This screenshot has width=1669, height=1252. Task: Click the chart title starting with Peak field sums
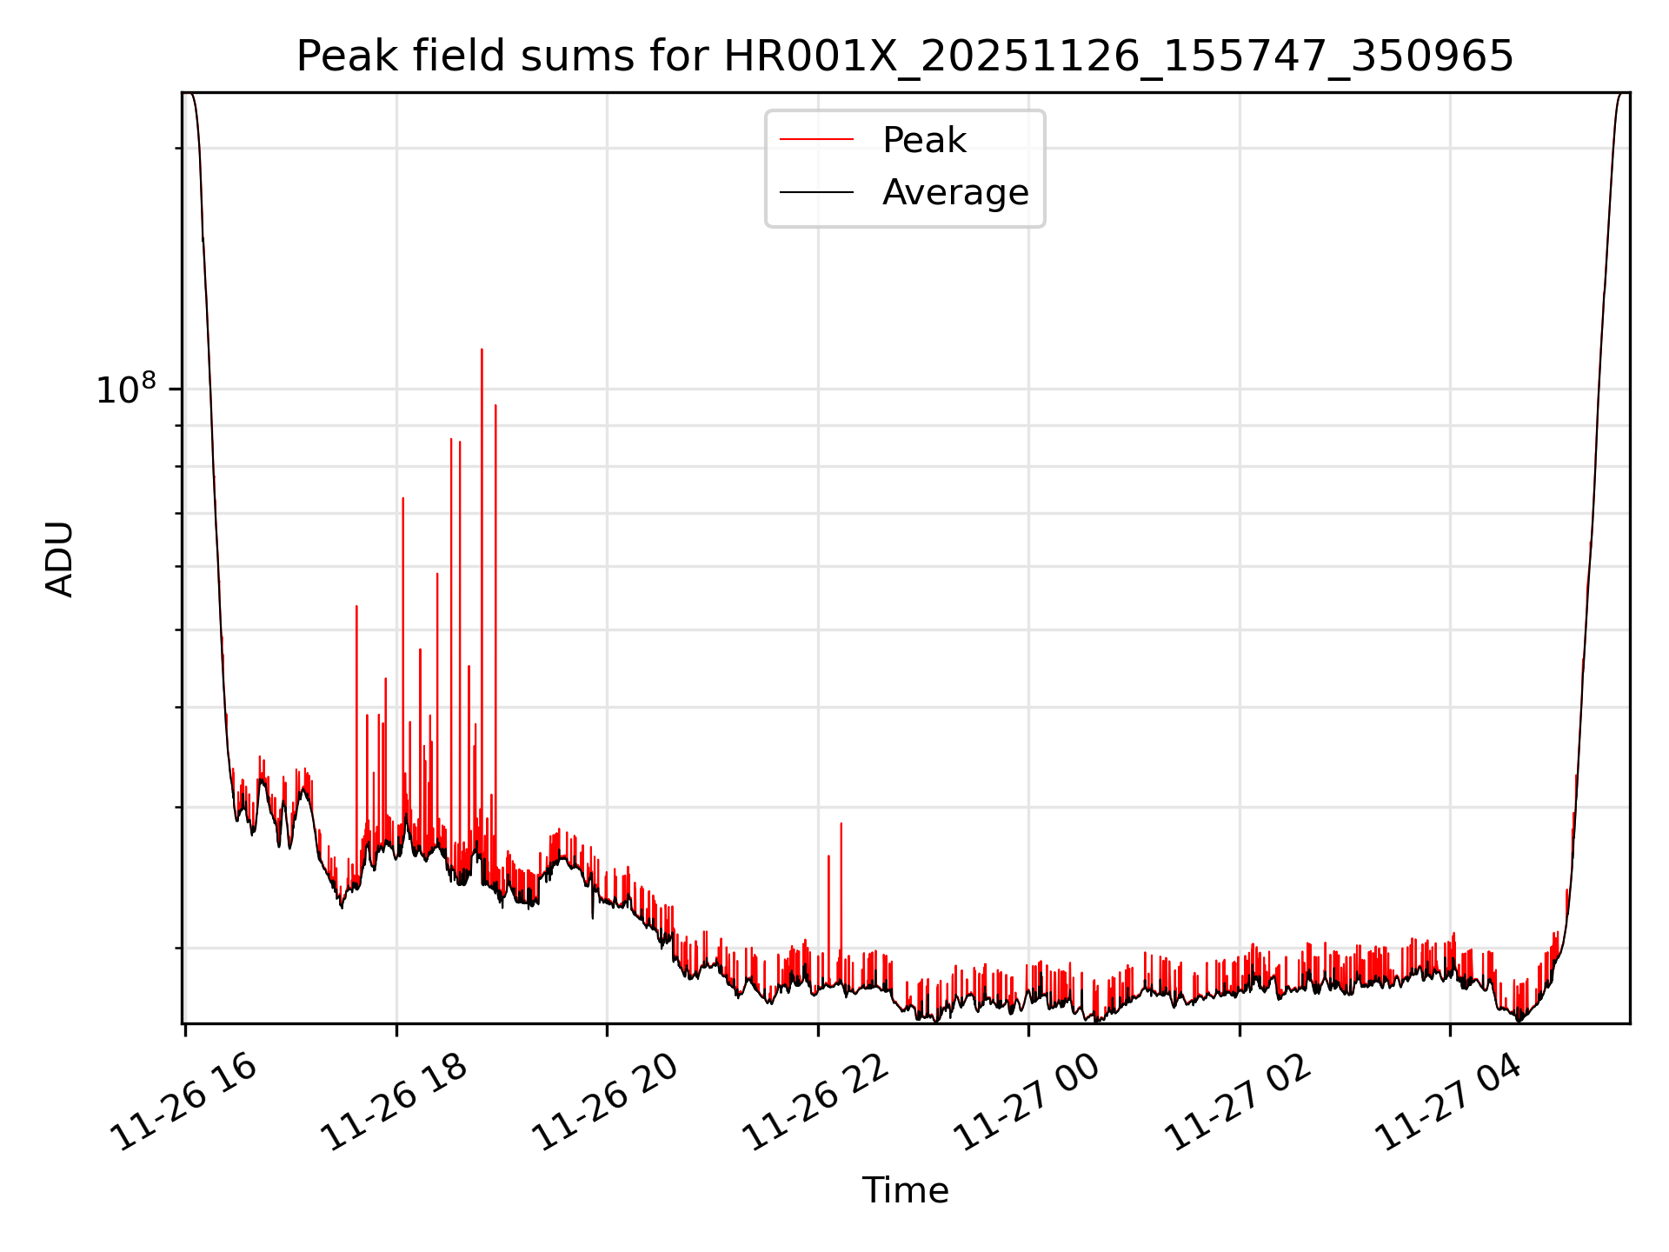click(904, 57)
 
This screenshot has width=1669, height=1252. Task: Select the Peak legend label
click(924, 140)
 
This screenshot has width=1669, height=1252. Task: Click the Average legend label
click(954, 192)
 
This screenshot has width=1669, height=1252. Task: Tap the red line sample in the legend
click(816, 140)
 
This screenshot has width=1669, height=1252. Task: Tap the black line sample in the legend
click(816, 192)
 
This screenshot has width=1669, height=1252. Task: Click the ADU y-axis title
click(60, 559)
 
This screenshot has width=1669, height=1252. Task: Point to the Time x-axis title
click(905, 1190)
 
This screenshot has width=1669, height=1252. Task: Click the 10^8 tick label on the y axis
click(125, 390)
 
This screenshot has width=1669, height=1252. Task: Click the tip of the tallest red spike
click(482, 350)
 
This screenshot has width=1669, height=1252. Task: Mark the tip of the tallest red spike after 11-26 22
click(841, 823)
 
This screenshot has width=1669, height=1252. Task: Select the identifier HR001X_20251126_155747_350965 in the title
click(1118, 57)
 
